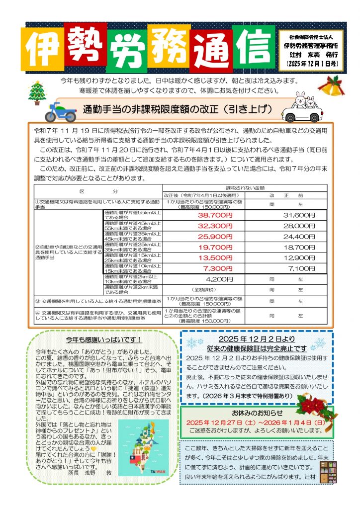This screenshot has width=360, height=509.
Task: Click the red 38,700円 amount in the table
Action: tap(215, 215)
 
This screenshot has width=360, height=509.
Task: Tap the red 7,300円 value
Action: tap(215, 268)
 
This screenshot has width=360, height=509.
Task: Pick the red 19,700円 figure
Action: tap(215, 247)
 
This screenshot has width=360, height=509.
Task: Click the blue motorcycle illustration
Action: tap(60, 112)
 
